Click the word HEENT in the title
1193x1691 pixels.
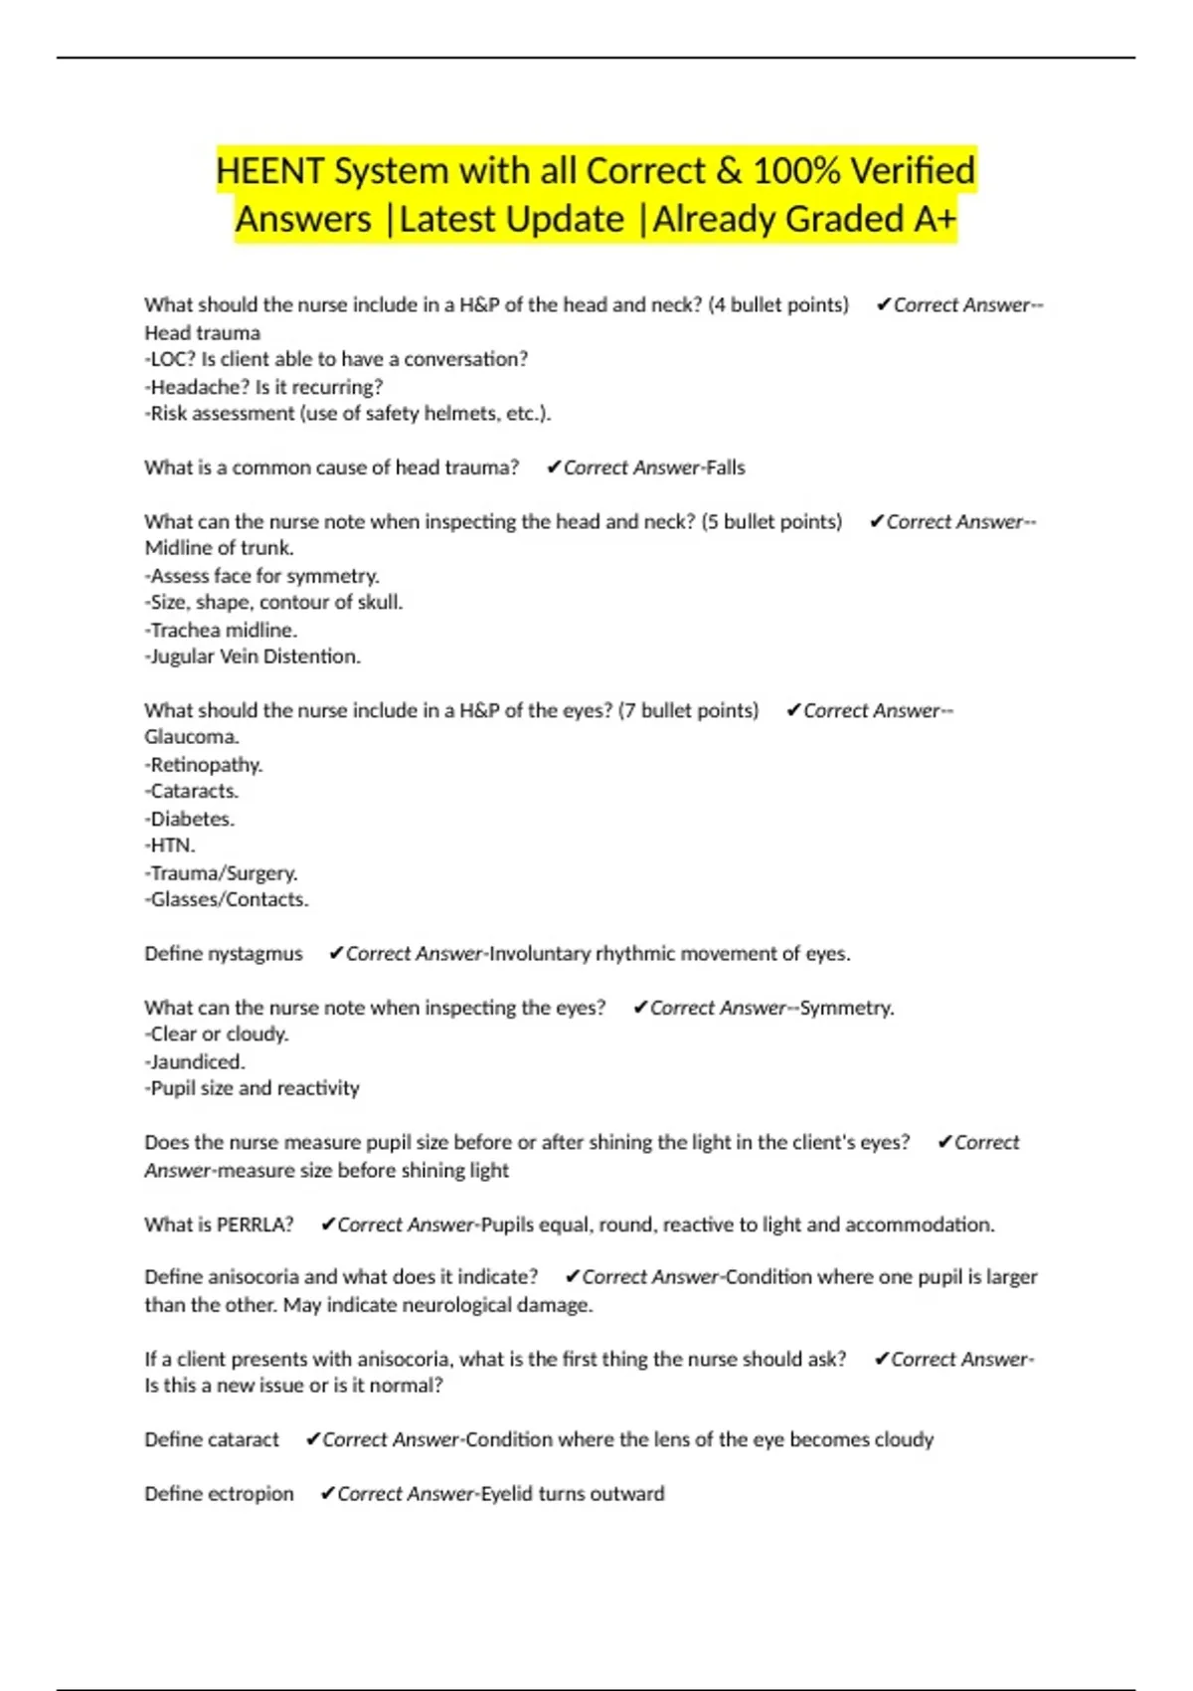[x=269, y=171]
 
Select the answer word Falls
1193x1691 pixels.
[x=725, y=468]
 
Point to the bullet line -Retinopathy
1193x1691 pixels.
[x=204, y=765]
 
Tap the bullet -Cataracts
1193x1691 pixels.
[x=192, y=792]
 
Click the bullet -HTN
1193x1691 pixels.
[x=170, y=845]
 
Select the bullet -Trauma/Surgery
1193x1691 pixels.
[x=221, y=873]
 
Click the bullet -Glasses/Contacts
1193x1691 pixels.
[x=227, y=900]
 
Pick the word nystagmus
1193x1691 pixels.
[x=256, y=954]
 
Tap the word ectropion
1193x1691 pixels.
[x=247, y=1494]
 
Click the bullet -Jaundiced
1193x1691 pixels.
[x=195, y=1062]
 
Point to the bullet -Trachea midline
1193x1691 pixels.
[x=221, y=631]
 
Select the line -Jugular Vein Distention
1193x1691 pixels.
[x=253, y=657]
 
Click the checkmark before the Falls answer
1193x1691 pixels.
[x=554, y=468]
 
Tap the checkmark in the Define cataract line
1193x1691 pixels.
[x=313, y=1439]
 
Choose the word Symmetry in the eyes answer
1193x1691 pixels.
[x=846, y=1008]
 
